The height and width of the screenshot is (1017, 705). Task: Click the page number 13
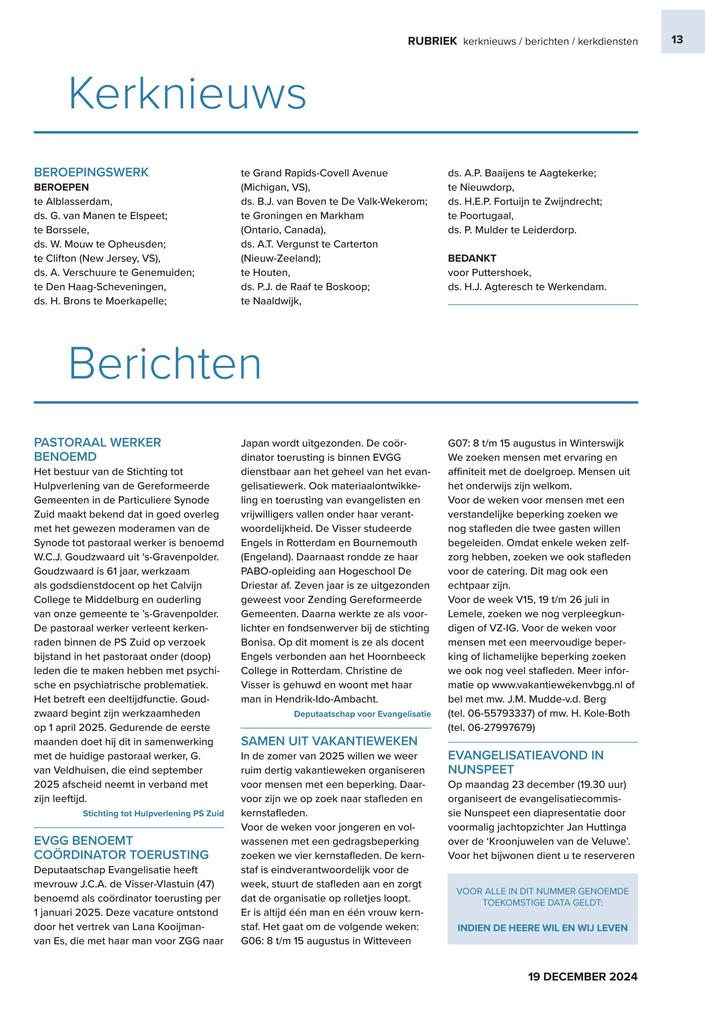coord(677,40)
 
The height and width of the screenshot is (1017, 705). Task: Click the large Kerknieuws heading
coord(187,94)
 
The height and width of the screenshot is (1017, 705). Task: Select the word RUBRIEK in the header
coord(432,42)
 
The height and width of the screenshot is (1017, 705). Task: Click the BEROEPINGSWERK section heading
coord(91,172)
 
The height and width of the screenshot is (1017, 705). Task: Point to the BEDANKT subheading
coord(472,258)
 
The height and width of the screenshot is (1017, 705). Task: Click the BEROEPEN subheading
coord(62,187)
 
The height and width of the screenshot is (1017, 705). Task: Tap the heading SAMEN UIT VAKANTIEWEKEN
coord(329,741)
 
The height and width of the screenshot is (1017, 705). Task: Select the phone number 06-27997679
coord(501,728)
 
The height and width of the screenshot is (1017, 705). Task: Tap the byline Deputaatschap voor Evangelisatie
coord(362,714)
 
